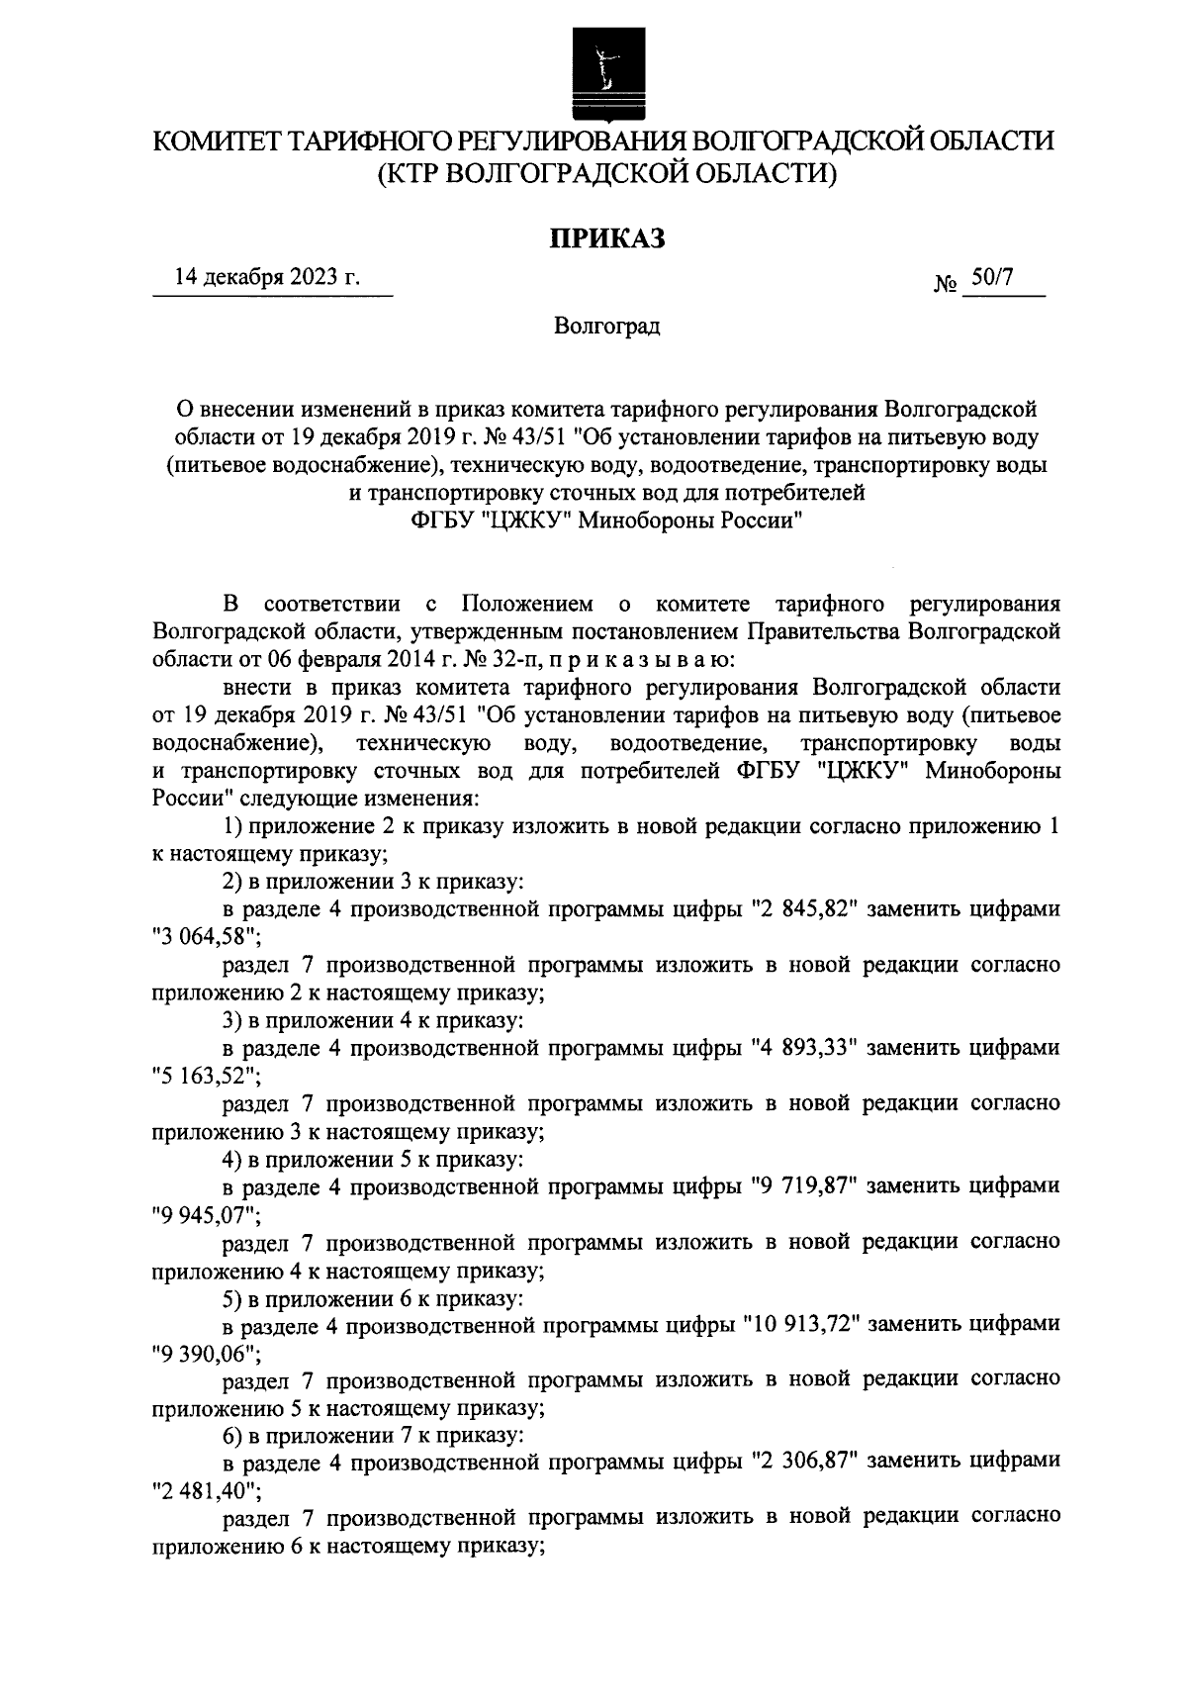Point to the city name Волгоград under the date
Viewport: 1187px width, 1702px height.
pos(606,326)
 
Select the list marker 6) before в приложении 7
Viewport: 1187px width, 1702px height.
pos(232,1434)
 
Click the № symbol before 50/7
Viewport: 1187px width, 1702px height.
pos(945,285)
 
